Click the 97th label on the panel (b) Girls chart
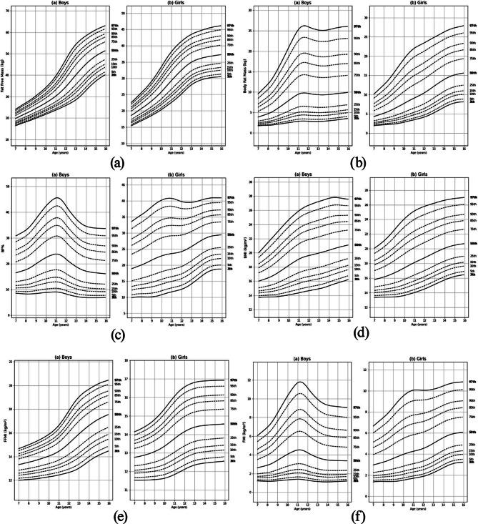pos(472,26)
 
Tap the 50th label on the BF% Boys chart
pos(114,274)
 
